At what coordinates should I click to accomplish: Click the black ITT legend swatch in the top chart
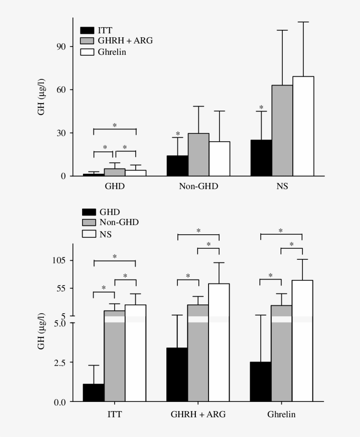pos(87,30)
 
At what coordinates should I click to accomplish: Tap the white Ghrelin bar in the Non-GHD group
pos(219,159)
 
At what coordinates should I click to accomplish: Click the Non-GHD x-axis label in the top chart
pos(198,186)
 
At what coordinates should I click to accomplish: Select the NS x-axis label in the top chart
pos(282,186)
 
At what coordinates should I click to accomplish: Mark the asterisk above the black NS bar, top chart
pos(261,108)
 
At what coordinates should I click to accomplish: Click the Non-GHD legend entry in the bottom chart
pos(119,222)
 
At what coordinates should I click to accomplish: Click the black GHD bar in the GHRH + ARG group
pos(177,375)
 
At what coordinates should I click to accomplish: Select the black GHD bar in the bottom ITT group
pos(94,393)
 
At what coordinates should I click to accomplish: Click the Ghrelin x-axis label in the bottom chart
pos(281,415)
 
